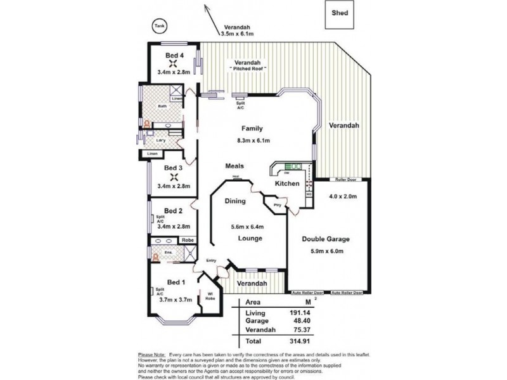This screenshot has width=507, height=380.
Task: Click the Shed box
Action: point(339,16)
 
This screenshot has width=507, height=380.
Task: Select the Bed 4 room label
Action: point(174,56)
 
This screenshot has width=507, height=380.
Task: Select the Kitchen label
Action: point(286,184)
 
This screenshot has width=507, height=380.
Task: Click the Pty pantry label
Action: point(277,206)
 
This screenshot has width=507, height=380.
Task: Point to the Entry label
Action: point(210,260)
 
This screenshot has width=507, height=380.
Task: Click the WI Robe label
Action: point(209,296)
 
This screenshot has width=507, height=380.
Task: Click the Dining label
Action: point(236,201)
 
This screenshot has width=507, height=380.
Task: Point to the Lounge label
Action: point(250,238)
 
